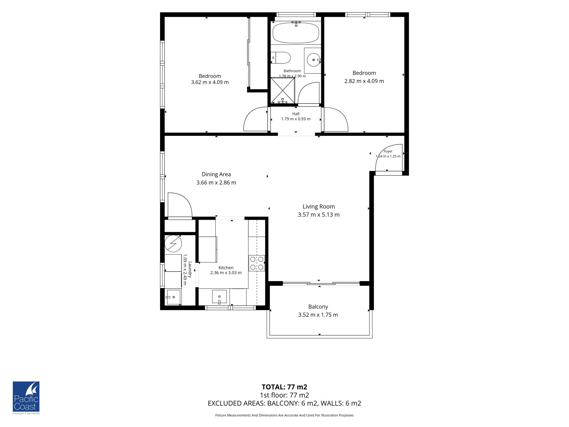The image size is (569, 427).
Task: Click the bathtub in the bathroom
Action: point(295,33)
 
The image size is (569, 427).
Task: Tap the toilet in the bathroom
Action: point(281,58)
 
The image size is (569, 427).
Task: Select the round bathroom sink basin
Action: point(314,60)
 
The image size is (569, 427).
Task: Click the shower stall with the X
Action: point(283,90)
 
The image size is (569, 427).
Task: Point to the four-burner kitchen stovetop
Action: point(257,263)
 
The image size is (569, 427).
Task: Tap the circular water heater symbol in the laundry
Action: point(173,243)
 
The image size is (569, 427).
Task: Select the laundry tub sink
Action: point(173,297)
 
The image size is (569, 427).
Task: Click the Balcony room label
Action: point(318,307)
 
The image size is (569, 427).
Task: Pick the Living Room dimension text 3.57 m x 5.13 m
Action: point(319,215)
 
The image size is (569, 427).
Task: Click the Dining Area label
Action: point(216,174)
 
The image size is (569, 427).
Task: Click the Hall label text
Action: point(296,114)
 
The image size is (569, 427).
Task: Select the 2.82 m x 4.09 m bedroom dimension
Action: point(364,81)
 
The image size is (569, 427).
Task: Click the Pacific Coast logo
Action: point(26,398)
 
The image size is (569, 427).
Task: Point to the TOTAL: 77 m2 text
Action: point(284,387)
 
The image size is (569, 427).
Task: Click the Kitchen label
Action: point(226,267)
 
